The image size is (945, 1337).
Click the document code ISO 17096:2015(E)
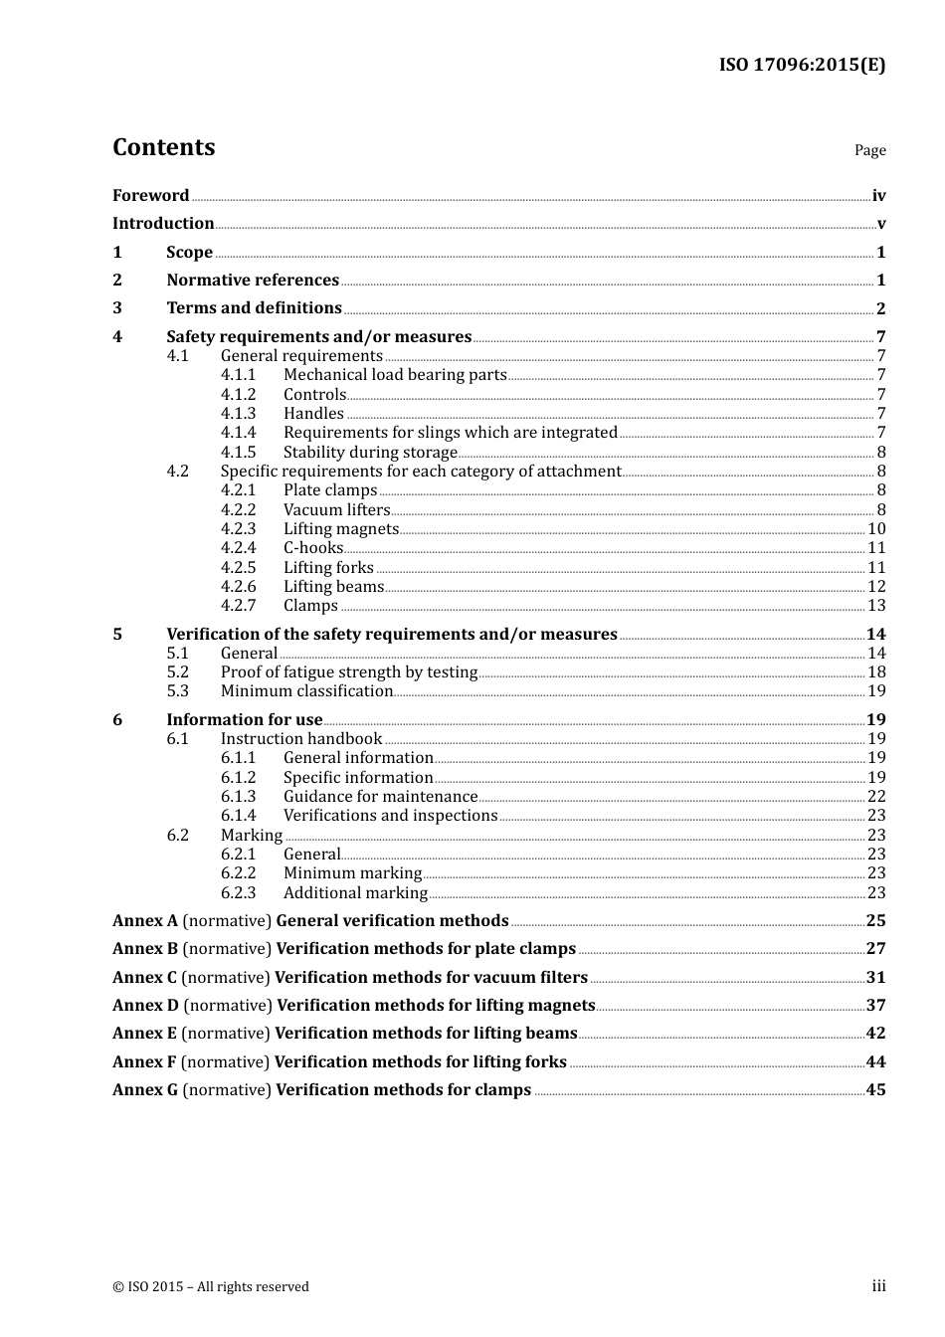[802, 66]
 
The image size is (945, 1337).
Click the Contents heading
[163, 147]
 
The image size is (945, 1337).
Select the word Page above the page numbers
[869, 150]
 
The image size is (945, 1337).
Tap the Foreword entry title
[150, 196]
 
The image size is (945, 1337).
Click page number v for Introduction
[880, 224]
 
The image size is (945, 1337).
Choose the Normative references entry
[253, 281]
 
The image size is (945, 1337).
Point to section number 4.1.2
[238, 395]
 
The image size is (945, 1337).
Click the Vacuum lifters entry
[336, 510]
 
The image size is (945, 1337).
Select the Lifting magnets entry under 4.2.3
[340, 529]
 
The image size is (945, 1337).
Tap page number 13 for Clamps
[876, 606]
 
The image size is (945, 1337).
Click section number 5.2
[177, 672]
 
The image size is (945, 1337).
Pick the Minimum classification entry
[306, 691]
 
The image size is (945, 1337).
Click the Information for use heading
[244, 720]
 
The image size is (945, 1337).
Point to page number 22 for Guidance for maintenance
[876, 797]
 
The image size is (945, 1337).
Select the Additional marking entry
[355, 893]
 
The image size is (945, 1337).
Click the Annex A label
[145, 921]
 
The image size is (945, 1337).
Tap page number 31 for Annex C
[875, 978]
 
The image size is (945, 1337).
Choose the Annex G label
[145, 1090]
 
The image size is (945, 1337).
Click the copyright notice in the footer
[211, 1287]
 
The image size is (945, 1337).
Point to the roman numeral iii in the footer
[878, 1286]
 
